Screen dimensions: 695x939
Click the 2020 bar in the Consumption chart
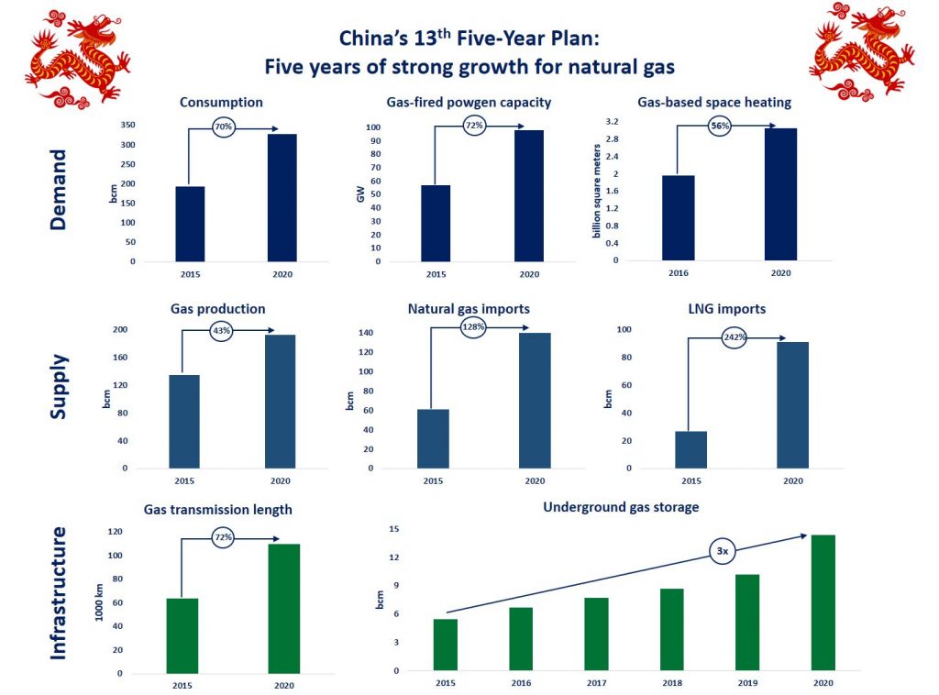pyautogui.click(x=282, y=197)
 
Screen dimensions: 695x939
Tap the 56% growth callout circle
pyautogui.click(x=720, y=126)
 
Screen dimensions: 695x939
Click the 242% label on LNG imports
pyautogui.click(x=736, y=337)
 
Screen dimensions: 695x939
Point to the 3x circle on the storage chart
pyautogui.click(x=723, y=551)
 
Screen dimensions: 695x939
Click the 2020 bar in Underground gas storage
pyautogui.click(x=823, y=602)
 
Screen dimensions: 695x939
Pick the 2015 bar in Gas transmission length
pyautogui.click(x=182, y=635)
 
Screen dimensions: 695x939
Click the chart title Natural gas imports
pyautogui.click(x=469, y=309)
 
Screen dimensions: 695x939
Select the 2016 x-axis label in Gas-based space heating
pyautogui.click(x=679, y=272)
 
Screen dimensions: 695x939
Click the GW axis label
pyautogui.click(x=360, y=194)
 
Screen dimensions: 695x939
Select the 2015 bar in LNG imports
pyautogui.click(x=690, y=449)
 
